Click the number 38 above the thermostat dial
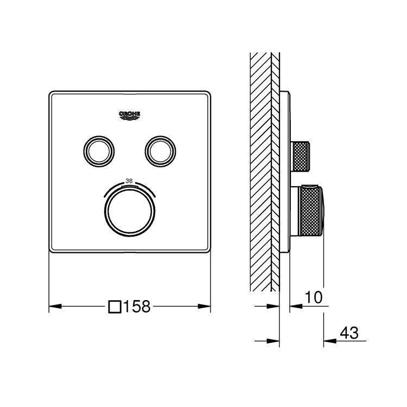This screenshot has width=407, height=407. coord(129,181)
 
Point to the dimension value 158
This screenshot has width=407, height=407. coord(136,307)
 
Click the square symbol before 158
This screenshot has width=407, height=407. coord(115,307)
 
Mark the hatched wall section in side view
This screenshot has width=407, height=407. coord(260,163)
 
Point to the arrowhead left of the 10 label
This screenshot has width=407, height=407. coord(294,307)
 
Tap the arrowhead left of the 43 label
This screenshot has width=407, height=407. coord(328,341)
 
